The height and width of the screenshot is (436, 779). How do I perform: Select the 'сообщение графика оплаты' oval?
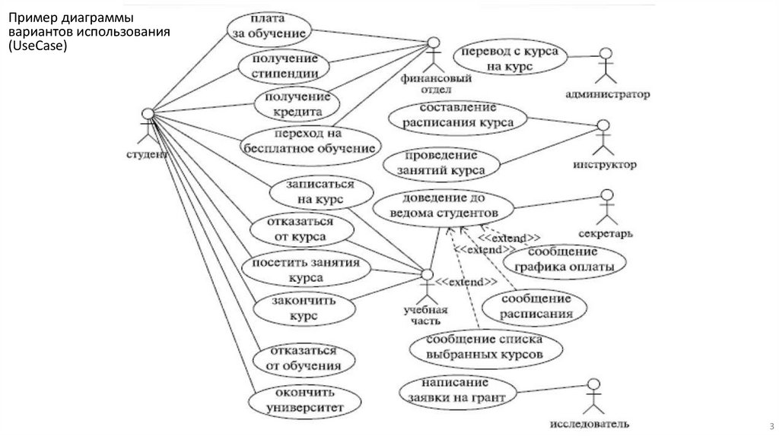pyautogui.click(x=564, y=258)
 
